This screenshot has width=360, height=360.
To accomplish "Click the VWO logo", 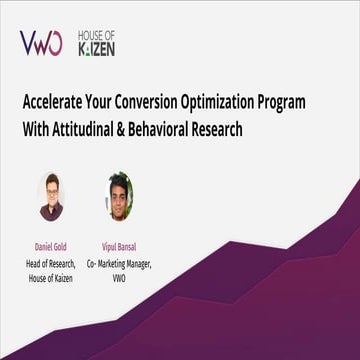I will coord(41,42).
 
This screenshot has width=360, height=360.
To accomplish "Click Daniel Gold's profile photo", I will coord(53,195).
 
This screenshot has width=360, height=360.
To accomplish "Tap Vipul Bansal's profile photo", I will coord(119,195).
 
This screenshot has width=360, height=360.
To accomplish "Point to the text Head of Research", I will coord(53,262).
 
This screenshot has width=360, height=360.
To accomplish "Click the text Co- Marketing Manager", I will coord(119,262).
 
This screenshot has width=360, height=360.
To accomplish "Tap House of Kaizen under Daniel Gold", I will coord(53,276).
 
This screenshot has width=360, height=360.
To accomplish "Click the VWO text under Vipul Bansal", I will coord(119,276).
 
